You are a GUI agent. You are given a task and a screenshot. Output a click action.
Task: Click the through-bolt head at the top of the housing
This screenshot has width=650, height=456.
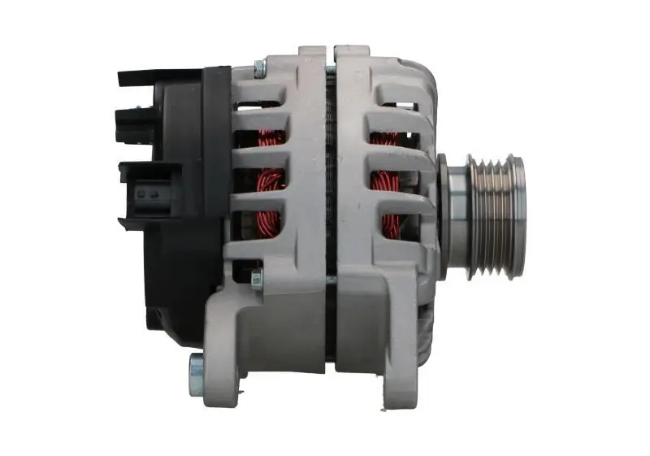[x=258, y=70]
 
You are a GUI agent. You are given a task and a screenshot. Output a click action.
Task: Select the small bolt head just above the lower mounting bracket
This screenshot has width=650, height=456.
[x=257, y=281]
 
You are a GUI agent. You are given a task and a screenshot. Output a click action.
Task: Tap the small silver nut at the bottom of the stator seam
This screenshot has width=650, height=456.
[x=331, y=280]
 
